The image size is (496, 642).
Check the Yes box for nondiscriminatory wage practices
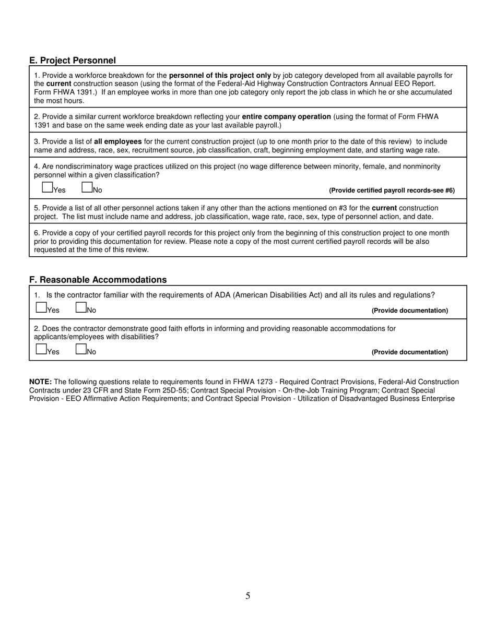(x=47, y=187)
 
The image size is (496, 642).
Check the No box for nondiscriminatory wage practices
(x=87, y=187)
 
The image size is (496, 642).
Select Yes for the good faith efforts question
(x=41, y=349)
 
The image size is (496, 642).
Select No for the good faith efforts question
(x=81, y=349)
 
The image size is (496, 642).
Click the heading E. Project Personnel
(x=73, y=61)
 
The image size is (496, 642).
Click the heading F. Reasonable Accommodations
(x=98, y=280)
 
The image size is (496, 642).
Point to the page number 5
(x=247, y=596)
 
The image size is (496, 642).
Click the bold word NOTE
(x=40, y=382)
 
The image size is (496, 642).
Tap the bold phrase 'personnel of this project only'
(x=220, y=75)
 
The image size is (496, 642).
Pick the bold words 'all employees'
(x=117, y=141)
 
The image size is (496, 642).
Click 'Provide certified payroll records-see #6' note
(x=392, y=191)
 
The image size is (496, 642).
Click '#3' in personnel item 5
(x=344, y=208)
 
